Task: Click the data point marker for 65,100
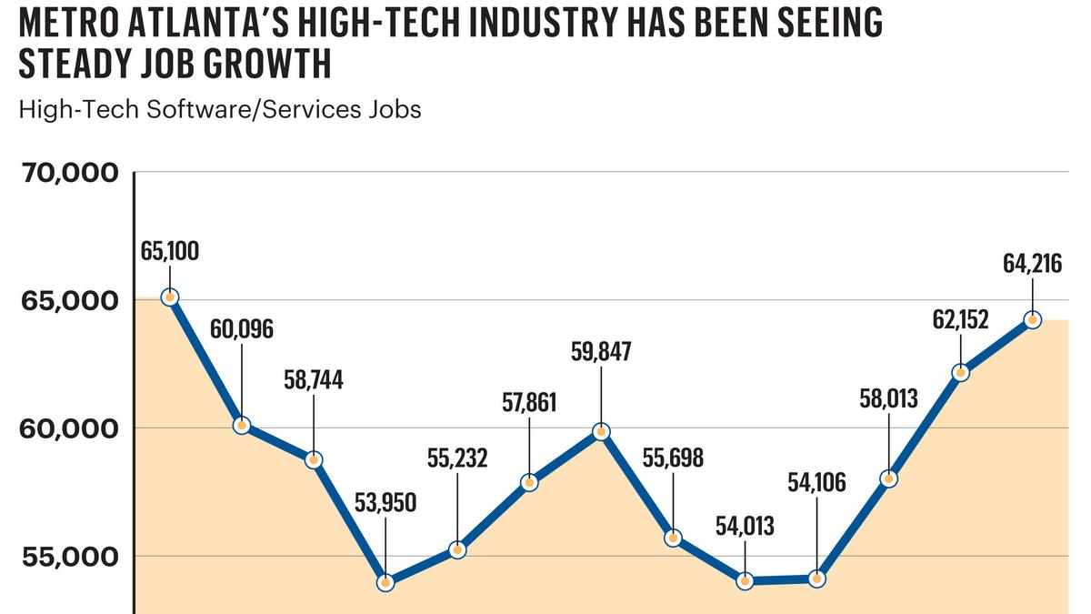[x=169, y=297]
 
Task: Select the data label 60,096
[x=241, y=329]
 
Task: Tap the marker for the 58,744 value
[x=314, y=459]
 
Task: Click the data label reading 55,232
[x=457, y=458]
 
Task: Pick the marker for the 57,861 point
[x=529, y=483]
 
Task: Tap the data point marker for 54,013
[x=746, y=580]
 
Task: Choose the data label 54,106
[x=816, y=482]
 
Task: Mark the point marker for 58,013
[x=889, y=478]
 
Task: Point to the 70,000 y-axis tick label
[x=69, y=172]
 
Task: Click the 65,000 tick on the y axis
[x=69, y=300]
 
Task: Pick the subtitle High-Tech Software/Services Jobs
[x=220, y=109]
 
